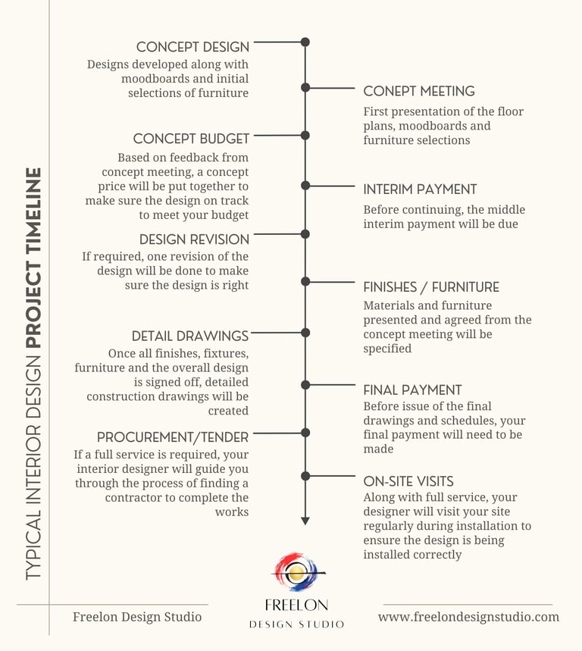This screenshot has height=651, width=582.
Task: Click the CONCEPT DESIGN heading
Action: (x=192, y=47)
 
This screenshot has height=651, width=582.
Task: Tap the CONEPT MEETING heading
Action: (x=419, y=92)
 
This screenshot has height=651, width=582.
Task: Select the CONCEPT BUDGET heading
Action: (x=191, y=139)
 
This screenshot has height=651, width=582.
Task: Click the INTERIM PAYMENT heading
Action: (x=420, y=189)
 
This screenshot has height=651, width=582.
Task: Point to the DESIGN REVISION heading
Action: (x=194, y=239)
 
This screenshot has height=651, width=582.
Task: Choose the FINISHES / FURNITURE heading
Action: (x=431, y=287)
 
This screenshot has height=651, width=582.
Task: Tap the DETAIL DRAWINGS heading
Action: (x=190, y=336)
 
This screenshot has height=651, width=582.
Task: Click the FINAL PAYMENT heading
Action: (x=412, y=390)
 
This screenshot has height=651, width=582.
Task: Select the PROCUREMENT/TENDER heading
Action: (x=173, y=438)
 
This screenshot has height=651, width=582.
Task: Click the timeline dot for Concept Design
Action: (x=305, y=42)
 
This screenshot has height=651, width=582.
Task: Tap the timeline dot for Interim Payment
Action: (x=305, y=185)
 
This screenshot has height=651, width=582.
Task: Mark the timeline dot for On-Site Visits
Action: (x=305, y=476)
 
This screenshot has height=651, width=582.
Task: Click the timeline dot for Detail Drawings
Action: (x=305, y=333)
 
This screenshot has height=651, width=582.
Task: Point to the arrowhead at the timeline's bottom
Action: (x=305, y=521)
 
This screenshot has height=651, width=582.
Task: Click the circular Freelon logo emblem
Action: (x=296, y=573)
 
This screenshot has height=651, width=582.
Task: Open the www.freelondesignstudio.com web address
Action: (x=468, y=617)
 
